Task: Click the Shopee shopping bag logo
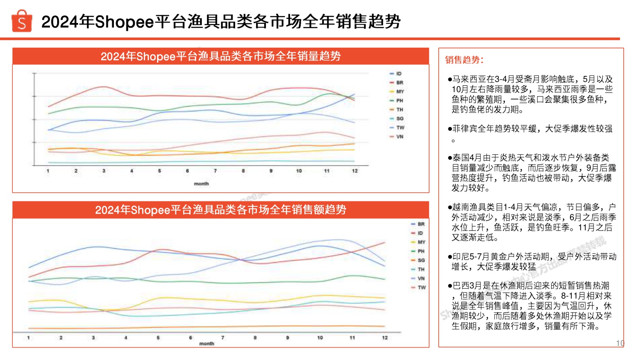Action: tap(22, 21)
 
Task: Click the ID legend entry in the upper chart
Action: tap(399, 74)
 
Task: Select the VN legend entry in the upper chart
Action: tap(399, 137)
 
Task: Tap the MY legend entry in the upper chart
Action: tap(399, 92)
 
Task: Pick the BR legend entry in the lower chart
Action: tap(421, 224)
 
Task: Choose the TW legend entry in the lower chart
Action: tap(421, 287)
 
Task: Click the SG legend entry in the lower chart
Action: tap(421, 260)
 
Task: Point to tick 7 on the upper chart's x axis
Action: tap(215, 171)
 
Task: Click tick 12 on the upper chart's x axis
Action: tap(355, 171)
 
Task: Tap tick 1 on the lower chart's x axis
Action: tap(29, 338)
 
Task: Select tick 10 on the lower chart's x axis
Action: tap(320, 338)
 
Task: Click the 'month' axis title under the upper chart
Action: tap(201, 184)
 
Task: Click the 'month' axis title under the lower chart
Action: tap(207, 343)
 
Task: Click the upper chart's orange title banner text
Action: tap(221, 56)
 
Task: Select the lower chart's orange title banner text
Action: tap(221, 210)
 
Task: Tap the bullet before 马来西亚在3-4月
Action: tap(450, 80)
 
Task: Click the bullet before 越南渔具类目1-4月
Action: tap(450, 208)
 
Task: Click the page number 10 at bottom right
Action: tap(620, 343)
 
